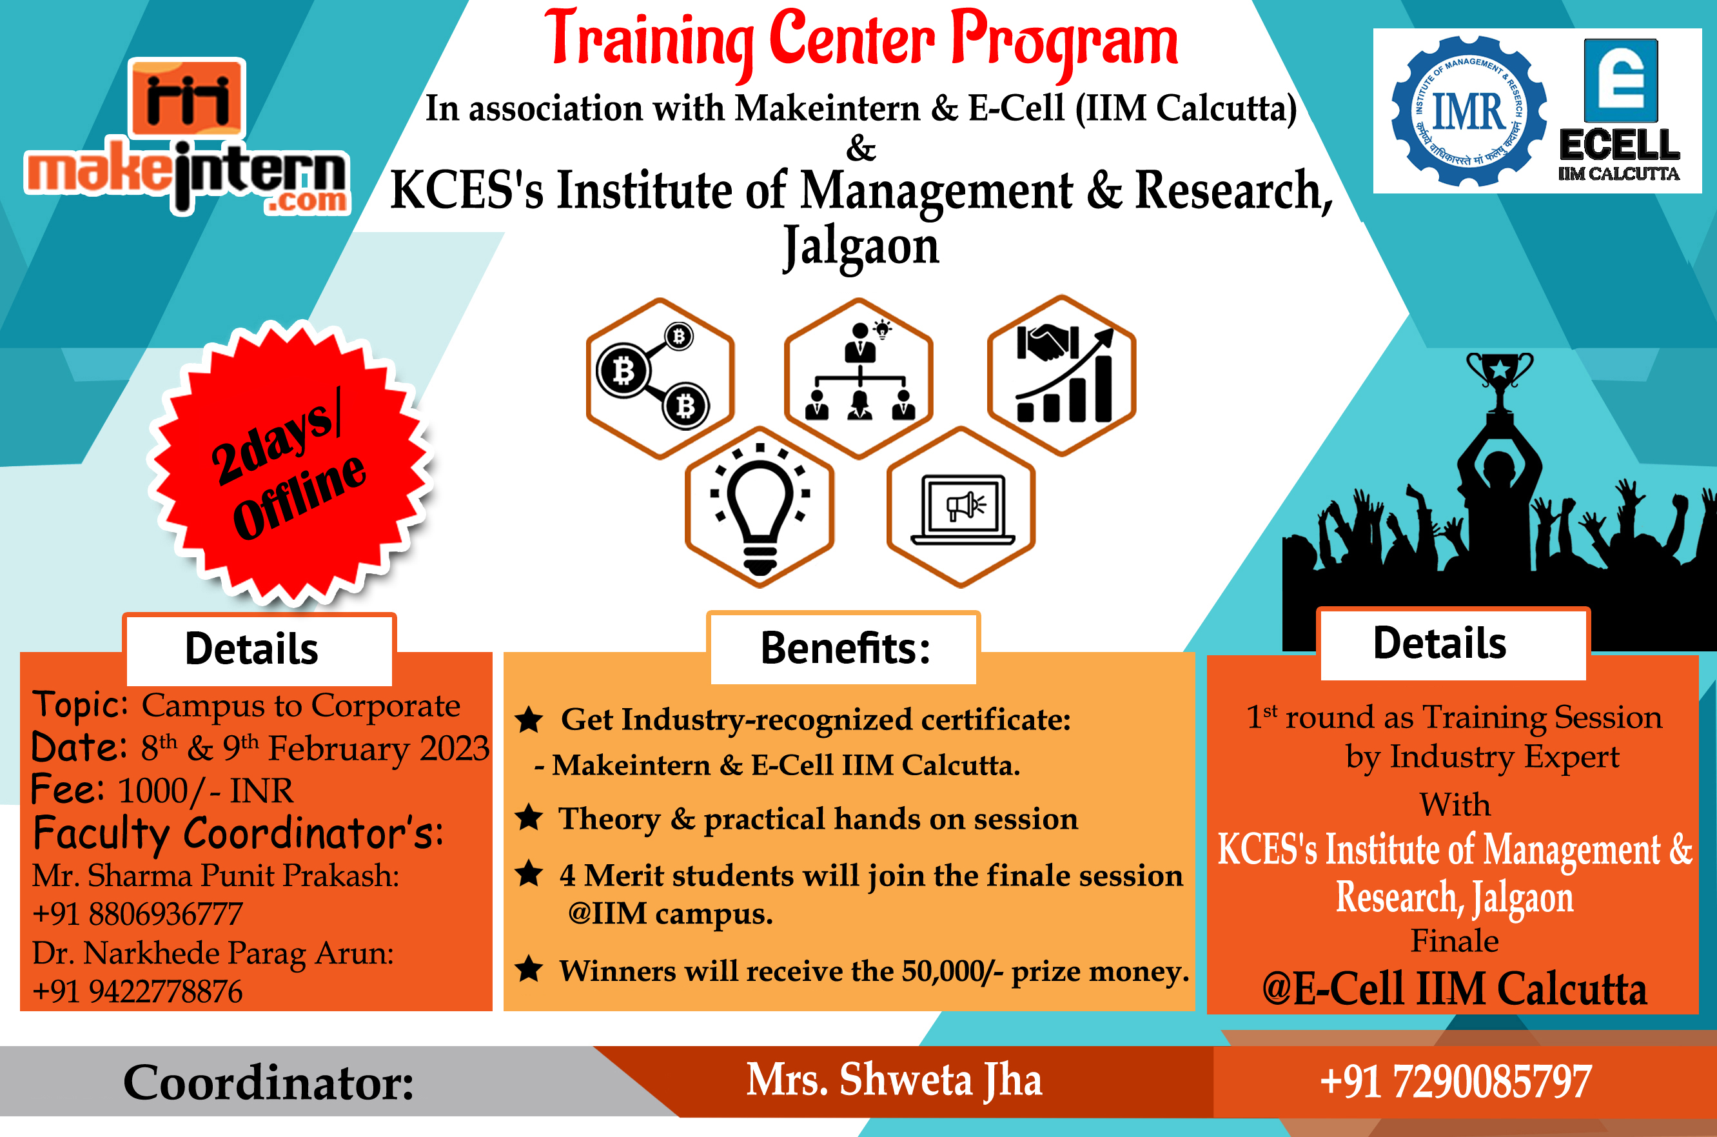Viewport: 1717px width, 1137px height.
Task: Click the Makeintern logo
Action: (x=187, y=136)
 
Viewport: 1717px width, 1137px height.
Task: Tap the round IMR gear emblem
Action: (x=1469, y=112)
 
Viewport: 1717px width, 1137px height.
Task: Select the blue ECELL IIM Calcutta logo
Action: (x=1620, y=110)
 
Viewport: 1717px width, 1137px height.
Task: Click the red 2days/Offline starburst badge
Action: (x=291, y=464)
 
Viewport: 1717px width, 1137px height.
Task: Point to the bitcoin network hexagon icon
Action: (x=660, y=378)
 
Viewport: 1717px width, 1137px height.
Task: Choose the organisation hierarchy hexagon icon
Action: (x=859, y=378)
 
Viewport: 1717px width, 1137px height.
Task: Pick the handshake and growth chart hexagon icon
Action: (x=1061, y=375)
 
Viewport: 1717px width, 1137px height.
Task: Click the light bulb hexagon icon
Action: (x=760, y=507)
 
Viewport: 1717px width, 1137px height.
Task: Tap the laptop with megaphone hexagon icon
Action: (x=961, y=507)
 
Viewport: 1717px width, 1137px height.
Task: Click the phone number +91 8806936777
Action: (x=138, y=915)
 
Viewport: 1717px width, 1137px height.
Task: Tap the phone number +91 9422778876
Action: (x=138, y=992)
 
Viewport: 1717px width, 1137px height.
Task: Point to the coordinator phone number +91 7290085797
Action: (x=1455, y=1082)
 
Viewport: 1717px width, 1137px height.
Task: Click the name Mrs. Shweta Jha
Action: (x=894, y=1080)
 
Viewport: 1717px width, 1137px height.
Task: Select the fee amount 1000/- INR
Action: (x=206, y=791)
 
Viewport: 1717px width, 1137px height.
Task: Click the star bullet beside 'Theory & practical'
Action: (x=529, y=818)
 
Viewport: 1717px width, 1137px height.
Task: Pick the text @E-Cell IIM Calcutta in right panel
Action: (x=1454, y=989)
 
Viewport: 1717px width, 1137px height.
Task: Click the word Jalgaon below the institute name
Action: (x=861, y=246)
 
